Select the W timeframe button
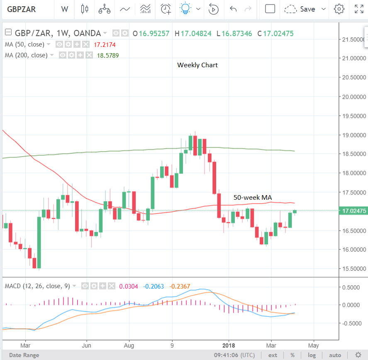pyautogui.click(x=64, y=9)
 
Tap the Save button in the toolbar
pyautogui.click(x=307, y=9)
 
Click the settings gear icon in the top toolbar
pyautogui.click(x=339, y=9)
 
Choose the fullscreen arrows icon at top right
pyautogui.click(x=359, y=9)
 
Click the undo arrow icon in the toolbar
pyautogui.click(x=233, y=9)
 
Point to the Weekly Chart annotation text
pyautogui.click(x=197, y=65)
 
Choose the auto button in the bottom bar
pyautogui.click(x=335, y=355)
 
